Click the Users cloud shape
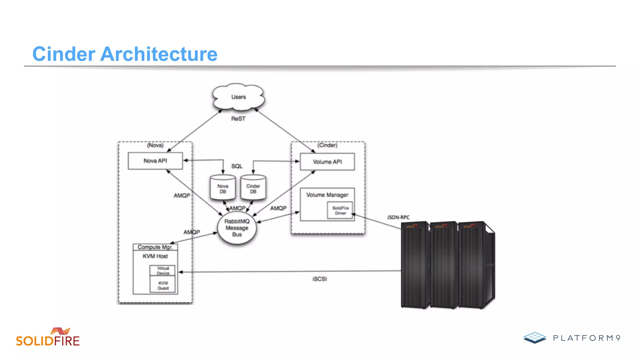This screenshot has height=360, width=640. pos(238,97)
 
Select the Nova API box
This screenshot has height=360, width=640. pos(155,161)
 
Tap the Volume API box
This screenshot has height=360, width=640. pos(327,162)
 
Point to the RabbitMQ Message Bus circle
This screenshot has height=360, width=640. pos(237,228)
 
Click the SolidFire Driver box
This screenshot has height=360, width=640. pos(340,210)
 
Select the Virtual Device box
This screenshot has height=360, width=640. pos(163,270)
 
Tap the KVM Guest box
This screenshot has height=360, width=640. pos(163,285)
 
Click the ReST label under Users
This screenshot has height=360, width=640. pos(238,119)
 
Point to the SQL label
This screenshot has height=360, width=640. pos(237,166)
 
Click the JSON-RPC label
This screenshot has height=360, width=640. pos(398,217)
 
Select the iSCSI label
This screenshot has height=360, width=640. pos(319,279)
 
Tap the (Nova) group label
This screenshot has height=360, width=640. pos(155,145)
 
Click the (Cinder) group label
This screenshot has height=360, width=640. pos(327,145)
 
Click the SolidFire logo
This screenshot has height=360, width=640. pos(48,337)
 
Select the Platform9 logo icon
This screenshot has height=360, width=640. pos(535,337)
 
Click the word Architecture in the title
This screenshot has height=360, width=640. pos(159,54)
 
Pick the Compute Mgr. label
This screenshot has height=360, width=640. pos(155,247)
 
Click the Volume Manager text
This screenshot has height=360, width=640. pos(327,195)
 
